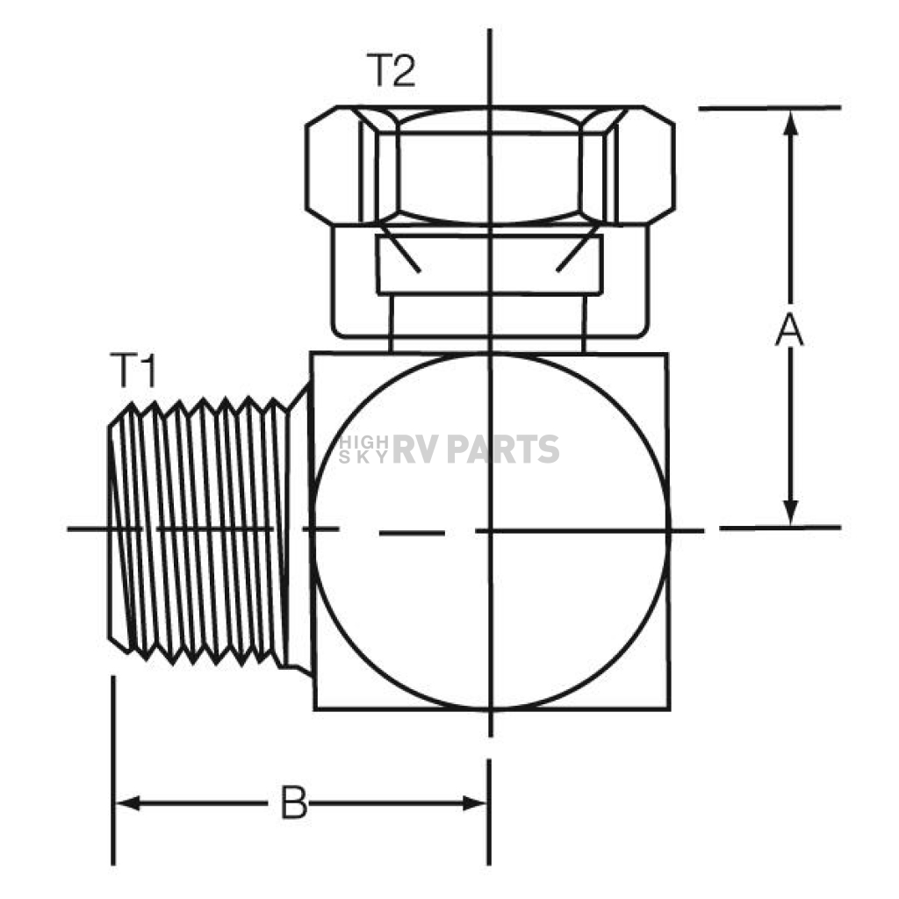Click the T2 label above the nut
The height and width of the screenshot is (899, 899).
coord(391,70)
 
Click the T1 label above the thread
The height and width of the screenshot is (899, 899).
coord(133,371)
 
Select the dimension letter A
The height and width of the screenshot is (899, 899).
coord(789,330)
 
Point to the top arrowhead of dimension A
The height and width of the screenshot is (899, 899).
coord(791,123)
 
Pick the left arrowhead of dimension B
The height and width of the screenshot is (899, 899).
coord(128,803)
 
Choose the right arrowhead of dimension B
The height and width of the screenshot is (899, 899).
coord(474,803)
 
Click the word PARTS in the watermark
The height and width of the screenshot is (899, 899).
coord(503,449)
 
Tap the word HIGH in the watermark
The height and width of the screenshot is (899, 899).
coord(363,442)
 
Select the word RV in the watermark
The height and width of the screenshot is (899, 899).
coord(415,449)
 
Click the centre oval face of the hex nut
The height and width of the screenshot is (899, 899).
coord(489,166)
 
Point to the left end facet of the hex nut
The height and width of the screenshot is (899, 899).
coord(334,165)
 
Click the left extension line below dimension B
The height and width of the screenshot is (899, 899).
coord(113,771)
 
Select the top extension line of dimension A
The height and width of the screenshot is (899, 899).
coord(769,108)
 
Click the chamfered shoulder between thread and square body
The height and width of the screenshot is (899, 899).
coord(298,528)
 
